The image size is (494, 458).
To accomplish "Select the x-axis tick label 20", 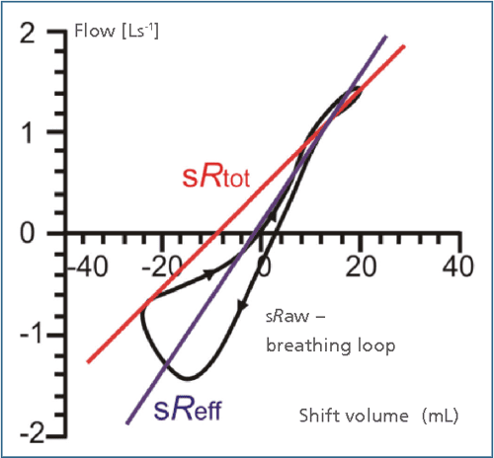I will coord(360,267).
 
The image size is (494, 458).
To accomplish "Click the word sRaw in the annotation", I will coord(288,318).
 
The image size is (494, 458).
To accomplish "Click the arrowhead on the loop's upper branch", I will coord(209,270).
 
